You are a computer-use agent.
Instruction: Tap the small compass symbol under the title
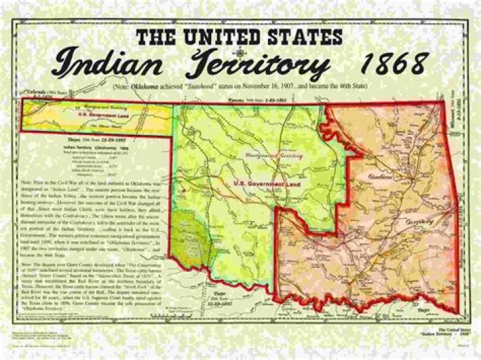point(238,52)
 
